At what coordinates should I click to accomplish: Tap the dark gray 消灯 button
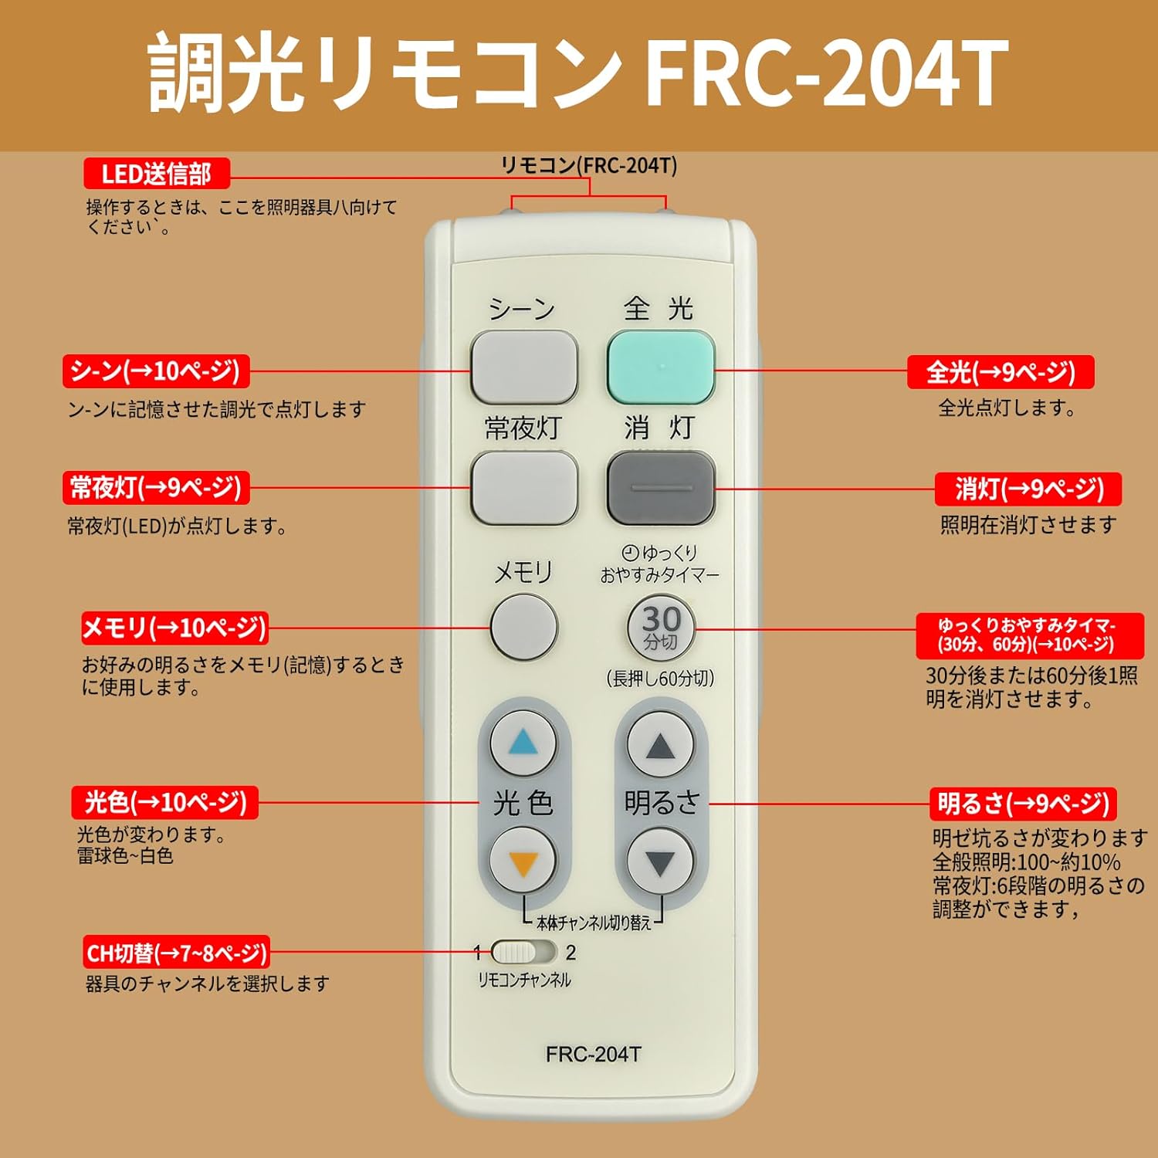coord(661,488)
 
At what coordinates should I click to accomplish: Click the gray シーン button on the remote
coord(524,367)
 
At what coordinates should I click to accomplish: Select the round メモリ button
coord(524,627)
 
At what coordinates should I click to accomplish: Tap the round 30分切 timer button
coord(661,628)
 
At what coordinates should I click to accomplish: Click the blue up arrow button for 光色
coord(523,743)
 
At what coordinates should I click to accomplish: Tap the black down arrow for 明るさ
coord(660,862)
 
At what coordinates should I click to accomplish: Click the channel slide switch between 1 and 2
coord(523,952)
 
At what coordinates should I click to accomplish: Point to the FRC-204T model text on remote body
coord(593,1055)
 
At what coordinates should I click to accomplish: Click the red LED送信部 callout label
coord(157,174)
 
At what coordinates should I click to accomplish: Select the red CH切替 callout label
coord(177,953)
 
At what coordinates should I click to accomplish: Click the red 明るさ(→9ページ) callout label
coord(1023,804)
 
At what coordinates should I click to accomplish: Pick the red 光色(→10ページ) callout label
coord(165,802)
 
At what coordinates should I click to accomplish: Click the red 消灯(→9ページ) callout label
coord(1028,489)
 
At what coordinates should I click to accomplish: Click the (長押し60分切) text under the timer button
coord(660,679)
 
